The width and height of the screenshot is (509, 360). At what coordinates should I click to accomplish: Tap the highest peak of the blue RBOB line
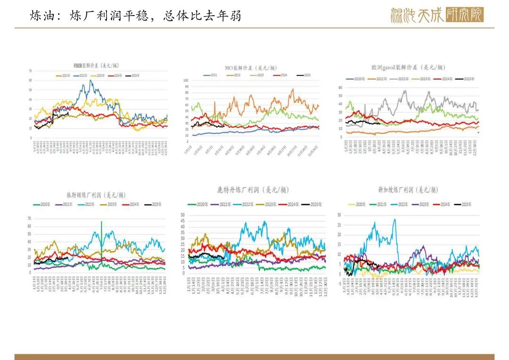(x=90, y=80)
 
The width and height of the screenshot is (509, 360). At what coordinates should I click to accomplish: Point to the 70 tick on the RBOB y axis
(x=30, y=71)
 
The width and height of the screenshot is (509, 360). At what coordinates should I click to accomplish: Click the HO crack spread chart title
(x=251, y=68)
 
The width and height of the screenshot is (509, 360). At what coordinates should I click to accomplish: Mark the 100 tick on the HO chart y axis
(x=186, y=81)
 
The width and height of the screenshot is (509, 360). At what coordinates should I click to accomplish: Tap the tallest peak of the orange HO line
(x=292, y=89)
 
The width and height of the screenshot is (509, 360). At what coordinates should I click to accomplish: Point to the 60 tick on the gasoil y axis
(x=341, y=87)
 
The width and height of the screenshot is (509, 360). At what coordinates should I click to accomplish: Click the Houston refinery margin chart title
(x=96, y=195)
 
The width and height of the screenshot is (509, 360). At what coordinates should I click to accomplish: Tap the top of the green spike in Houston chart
(x=101, y=221)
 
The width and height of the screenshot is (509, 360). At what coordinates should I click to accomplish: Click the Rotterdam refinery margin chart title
(x=253, y=190)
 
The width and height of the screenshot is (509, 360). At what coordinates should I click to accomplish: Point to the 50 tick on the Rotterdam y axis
(x=182, y=215)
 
